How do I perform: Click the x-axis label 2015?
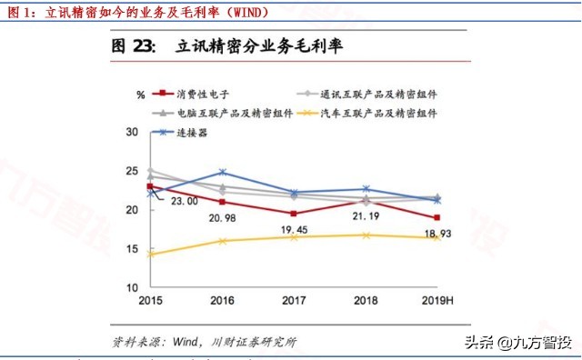point(150,301)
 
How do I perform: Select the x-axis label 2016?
point(223,301)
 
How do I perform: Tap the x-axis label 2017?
point(294,301)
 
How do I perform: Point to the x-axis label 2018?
point(366,301)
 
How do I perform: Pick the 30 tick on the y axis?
point(132,133)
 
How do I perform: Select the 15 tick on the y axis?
point(132,249)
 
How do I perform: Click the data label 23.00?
point(186,201)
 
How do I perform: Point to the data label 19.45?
point(295,231)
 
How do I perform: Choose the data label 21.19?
point(366,217)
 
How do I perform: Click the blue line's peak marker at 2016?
point(223,172)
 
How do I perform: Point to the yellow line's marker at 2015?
point(150,255)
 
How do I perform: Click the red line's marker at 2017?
point(294,213)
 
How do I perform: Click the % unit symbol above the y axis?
point(141,95)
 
